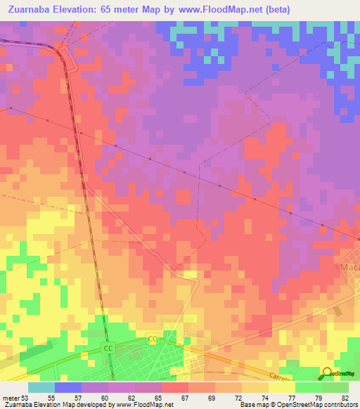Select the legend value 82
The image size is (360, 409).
coord(344,397)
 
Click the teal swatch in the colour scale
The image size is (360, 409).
coord(41,387)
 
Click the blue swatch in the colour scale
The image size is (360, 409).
coord(67,387)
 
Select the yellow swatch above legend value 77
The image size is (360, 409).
coord(281,387)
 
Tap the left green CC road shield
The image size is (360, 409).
coord(108,349)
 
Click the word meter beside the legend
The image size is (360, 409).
coord(10,397)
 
